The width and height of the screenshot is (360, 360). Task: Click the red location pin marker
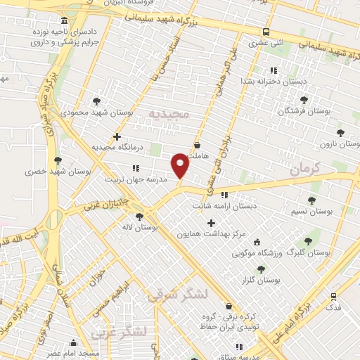(x=180, y=165)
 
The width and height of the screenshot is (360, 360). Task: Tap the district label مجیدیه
(x=168, y=114)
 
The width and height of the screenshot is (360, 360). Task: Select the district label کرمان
(x=304, y=167)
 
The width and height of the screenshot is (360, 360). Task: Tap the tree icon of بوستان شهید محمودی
(x=96, y=101)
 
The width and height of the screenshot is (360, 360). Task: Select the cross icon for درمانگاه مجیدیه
(x=117, y=136)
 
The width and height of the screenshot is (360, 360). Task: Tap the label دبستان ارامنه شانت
(x=225, y=206)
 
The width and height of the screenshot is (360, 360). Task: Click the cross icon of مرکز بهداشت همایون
(x=211, y=223)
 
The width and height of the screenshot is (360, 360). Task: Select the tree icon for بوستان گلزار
(x=261, y=269)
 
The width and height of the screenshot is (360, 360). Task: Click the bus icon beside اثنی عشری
(x=266, y=32)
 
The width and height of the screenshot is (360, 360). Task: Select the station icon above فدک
(x=333, y=296)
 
